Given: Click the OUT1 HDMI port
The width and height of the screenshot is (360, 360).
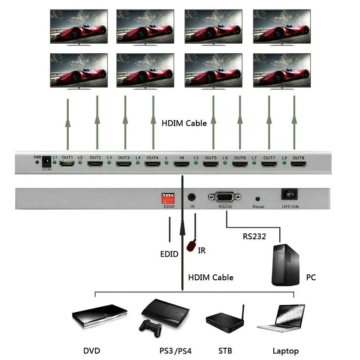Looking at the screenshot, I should [67, 164].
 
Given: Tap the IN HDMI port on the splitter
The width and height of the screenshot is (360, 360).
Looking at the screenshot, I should [181, 164].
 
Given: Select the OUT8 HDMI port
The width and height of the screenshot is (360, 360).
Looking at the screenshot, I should [298, 164].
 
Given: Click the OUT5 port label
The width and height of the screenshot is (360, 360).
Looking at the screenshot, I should [211, 158].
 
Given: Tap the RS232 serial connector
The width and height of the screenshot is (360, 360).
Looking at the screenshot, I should [225, 197].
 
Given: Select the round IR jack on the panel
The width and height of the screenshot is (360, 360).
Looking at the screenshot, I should [192, 197].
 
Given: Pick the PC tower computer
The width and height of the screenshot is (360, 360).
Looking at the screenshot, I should [285, 265].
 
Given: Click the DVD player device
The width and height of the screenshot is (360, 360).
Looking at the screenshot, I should [99, 315].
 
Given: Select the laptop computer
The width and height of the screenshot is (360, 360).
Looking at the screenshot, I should [282, 318].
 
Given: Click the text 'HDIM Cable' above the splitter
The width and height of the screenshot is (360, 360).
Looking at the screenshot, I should [184, 123].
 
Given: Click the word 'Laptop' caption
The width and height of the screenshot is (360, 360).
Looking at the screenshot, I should [285, 351].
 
